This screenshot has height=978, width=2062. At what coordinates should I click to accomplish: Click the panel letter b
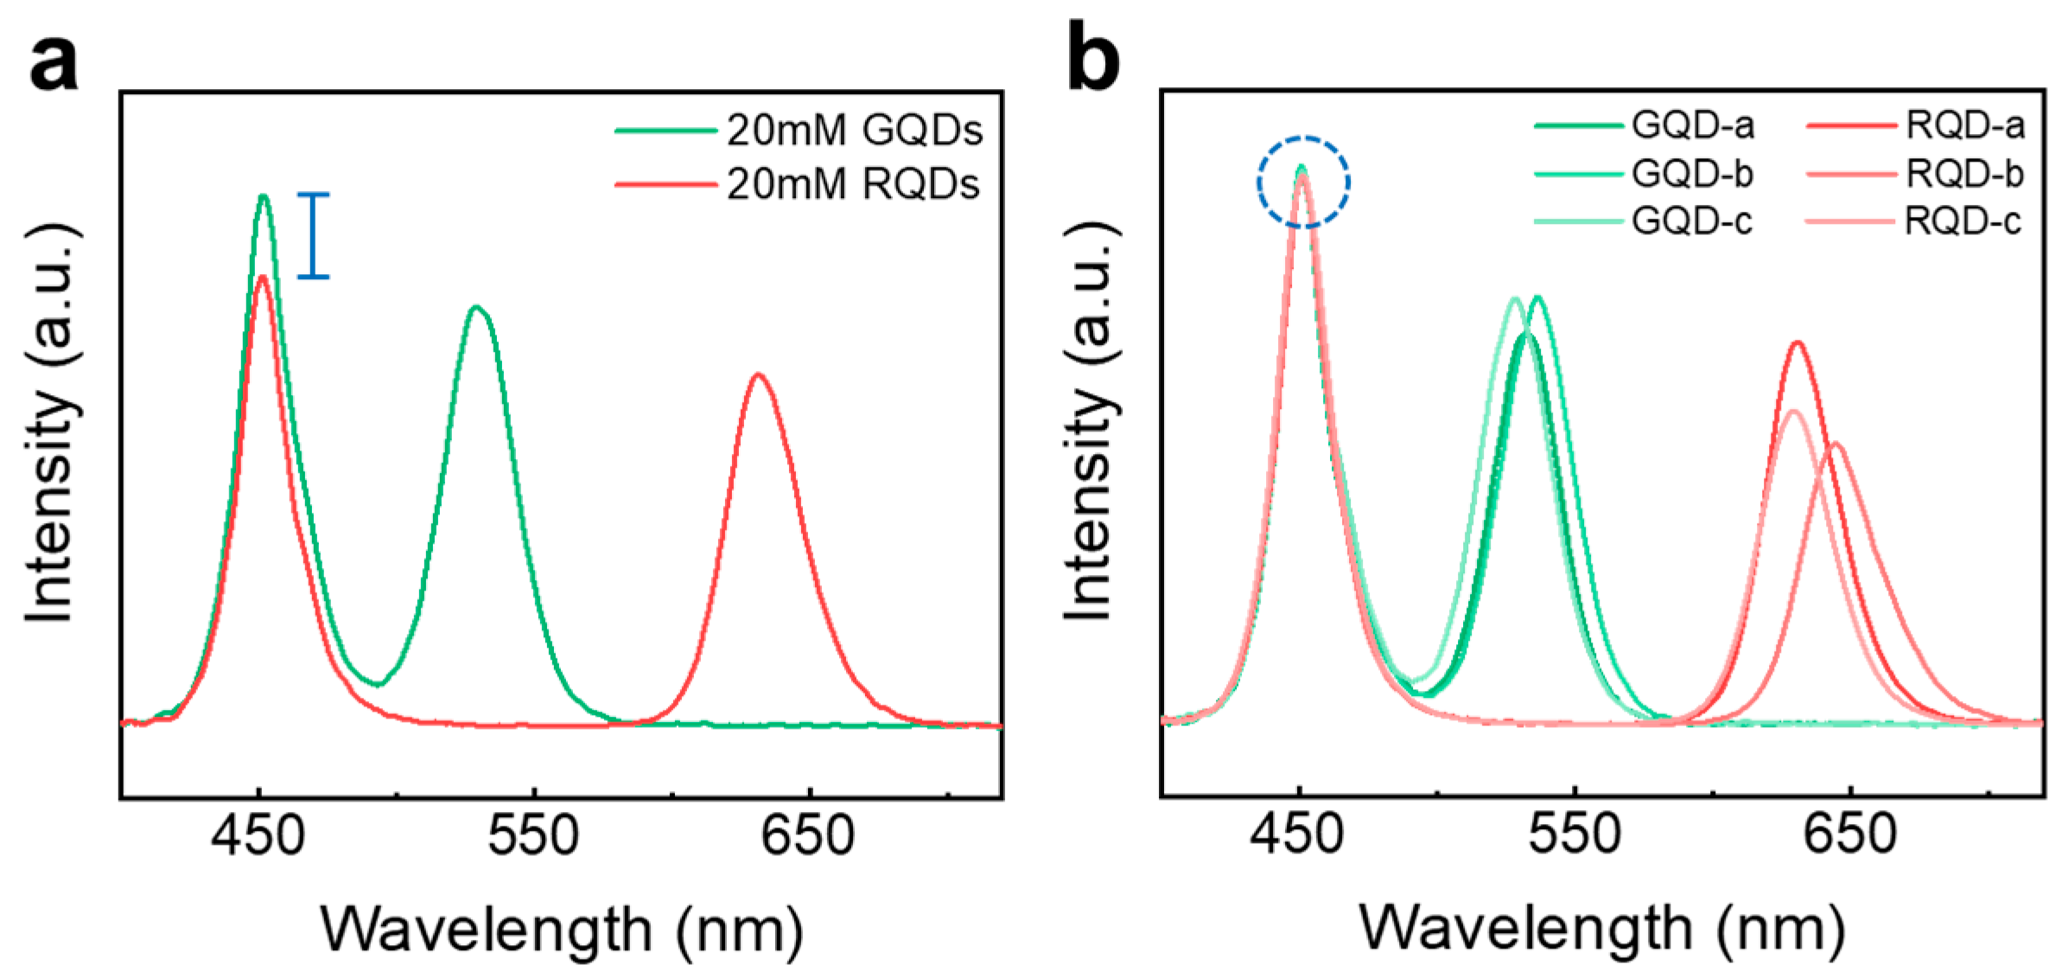coord(1093,61)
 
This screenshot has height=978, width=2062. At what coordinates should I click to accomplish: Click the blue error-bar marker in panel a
coord(313,235)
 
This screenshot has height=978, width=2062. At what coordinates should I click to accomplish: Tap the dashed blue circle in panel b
coord(1303,182)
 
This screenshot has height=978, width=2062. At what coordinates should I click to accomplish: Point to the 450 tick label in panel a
coord(258,836)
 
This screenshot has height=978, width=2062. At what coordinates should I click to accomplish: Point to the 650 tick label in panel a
coord(808,836)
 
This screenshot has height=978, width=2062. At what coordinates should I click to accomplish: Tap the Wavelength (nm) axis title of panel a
coord(562,930)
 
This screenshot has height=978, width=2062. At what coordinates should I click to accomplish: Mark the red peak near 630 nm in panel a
coord(758,375)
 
